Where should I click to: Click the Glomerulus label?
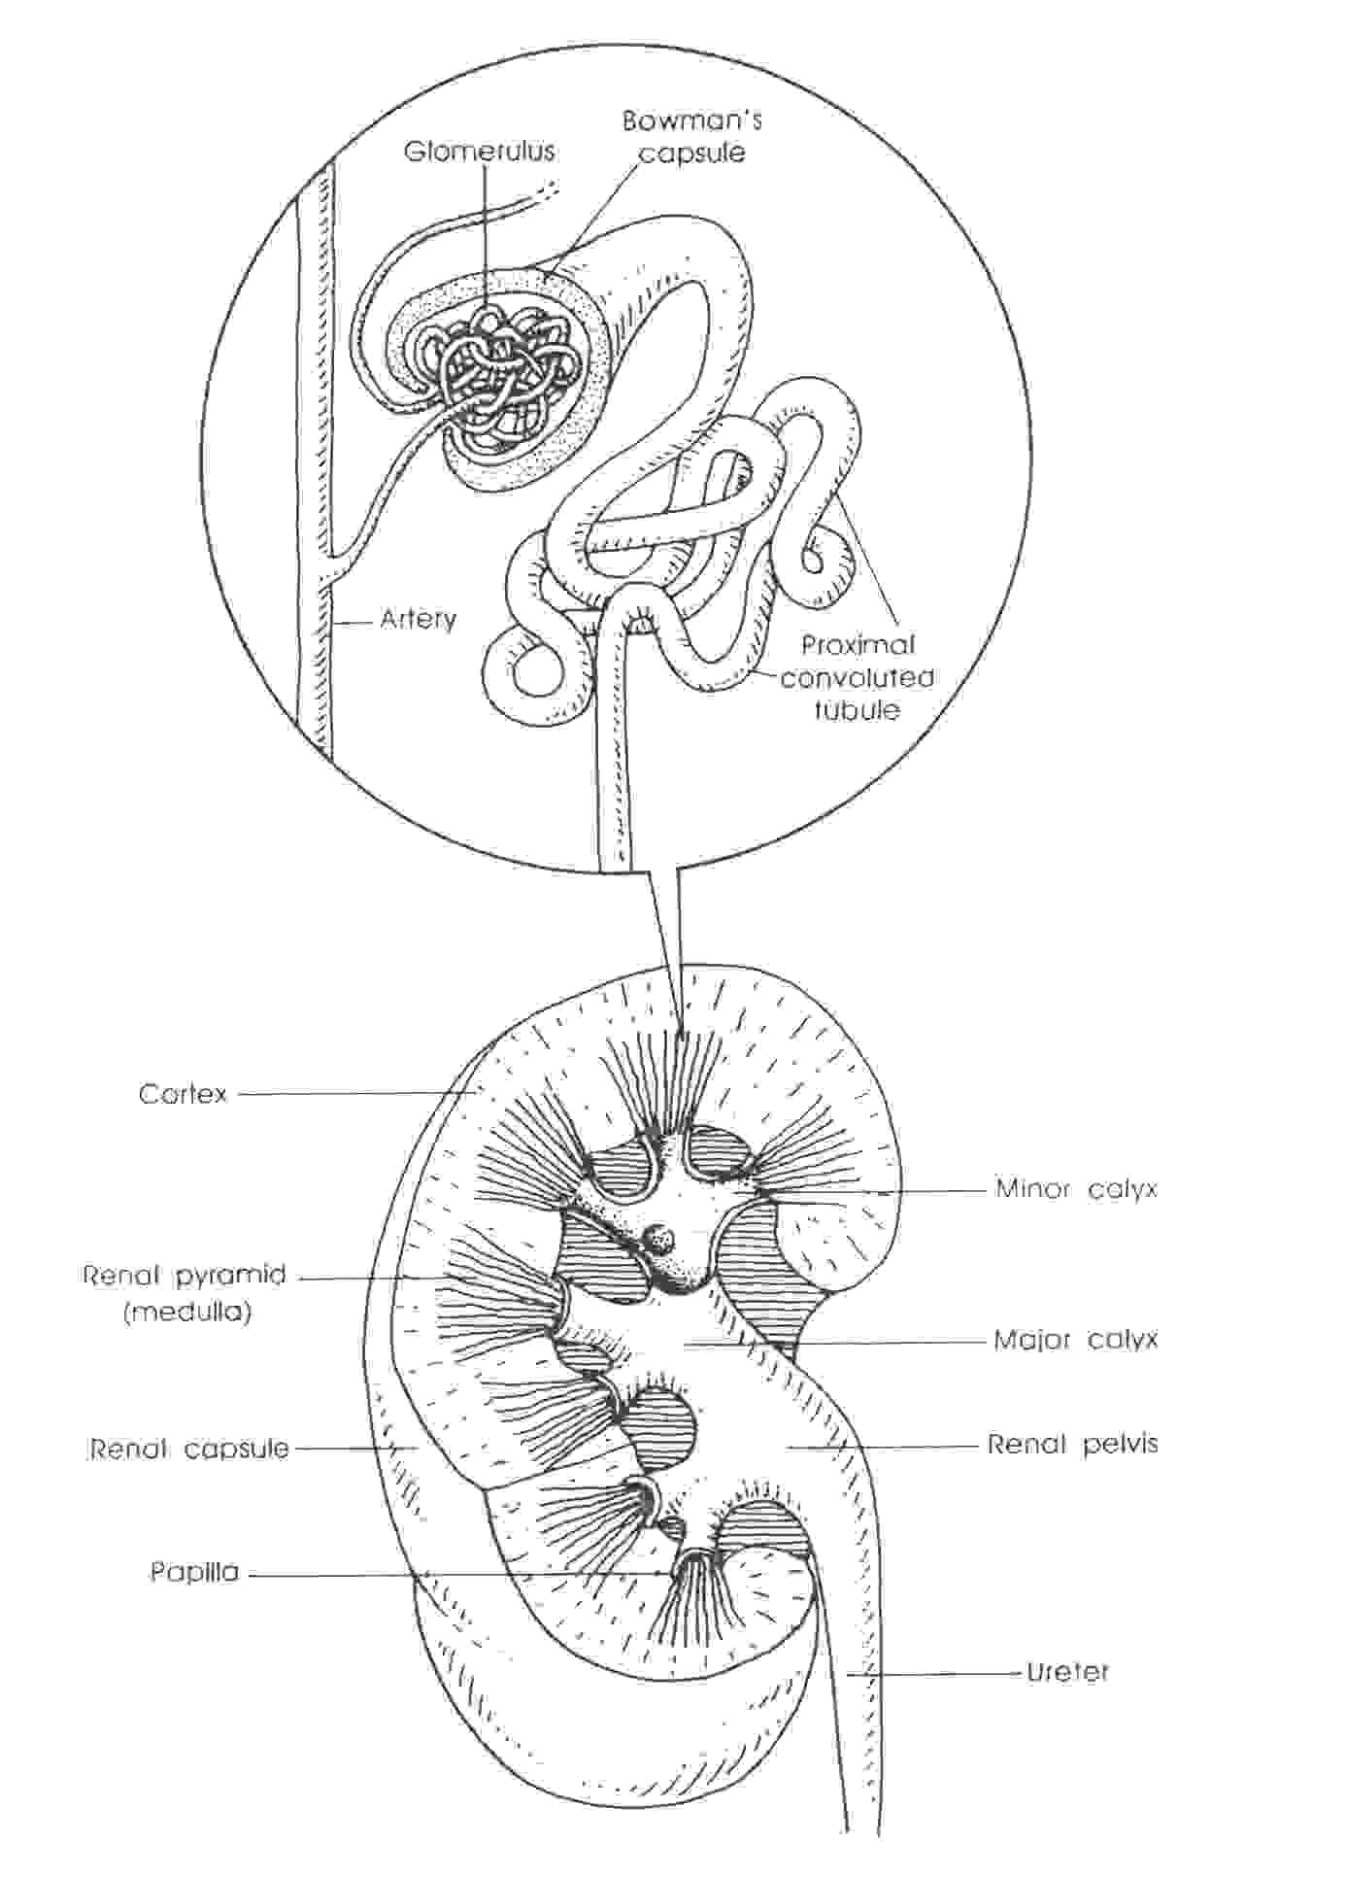(480, 151)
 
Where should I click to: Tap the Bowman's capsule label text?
(692, 136)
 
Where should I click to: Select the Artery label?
(418, 619)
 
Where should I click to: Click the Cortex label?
(183, 1094)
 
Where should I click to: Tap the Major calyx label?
(1076, 1340)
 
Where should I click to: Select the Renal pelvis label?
(1073, 1444)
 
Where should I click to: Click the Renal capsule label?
(189, 1449)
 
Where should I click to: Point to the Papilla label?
(194, 1572)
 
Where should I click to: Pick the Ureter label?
(1067, 1672)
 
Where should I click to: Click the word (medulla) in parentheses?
(187, 1313)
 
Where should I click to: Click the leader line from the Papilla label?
(460, 1573)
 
